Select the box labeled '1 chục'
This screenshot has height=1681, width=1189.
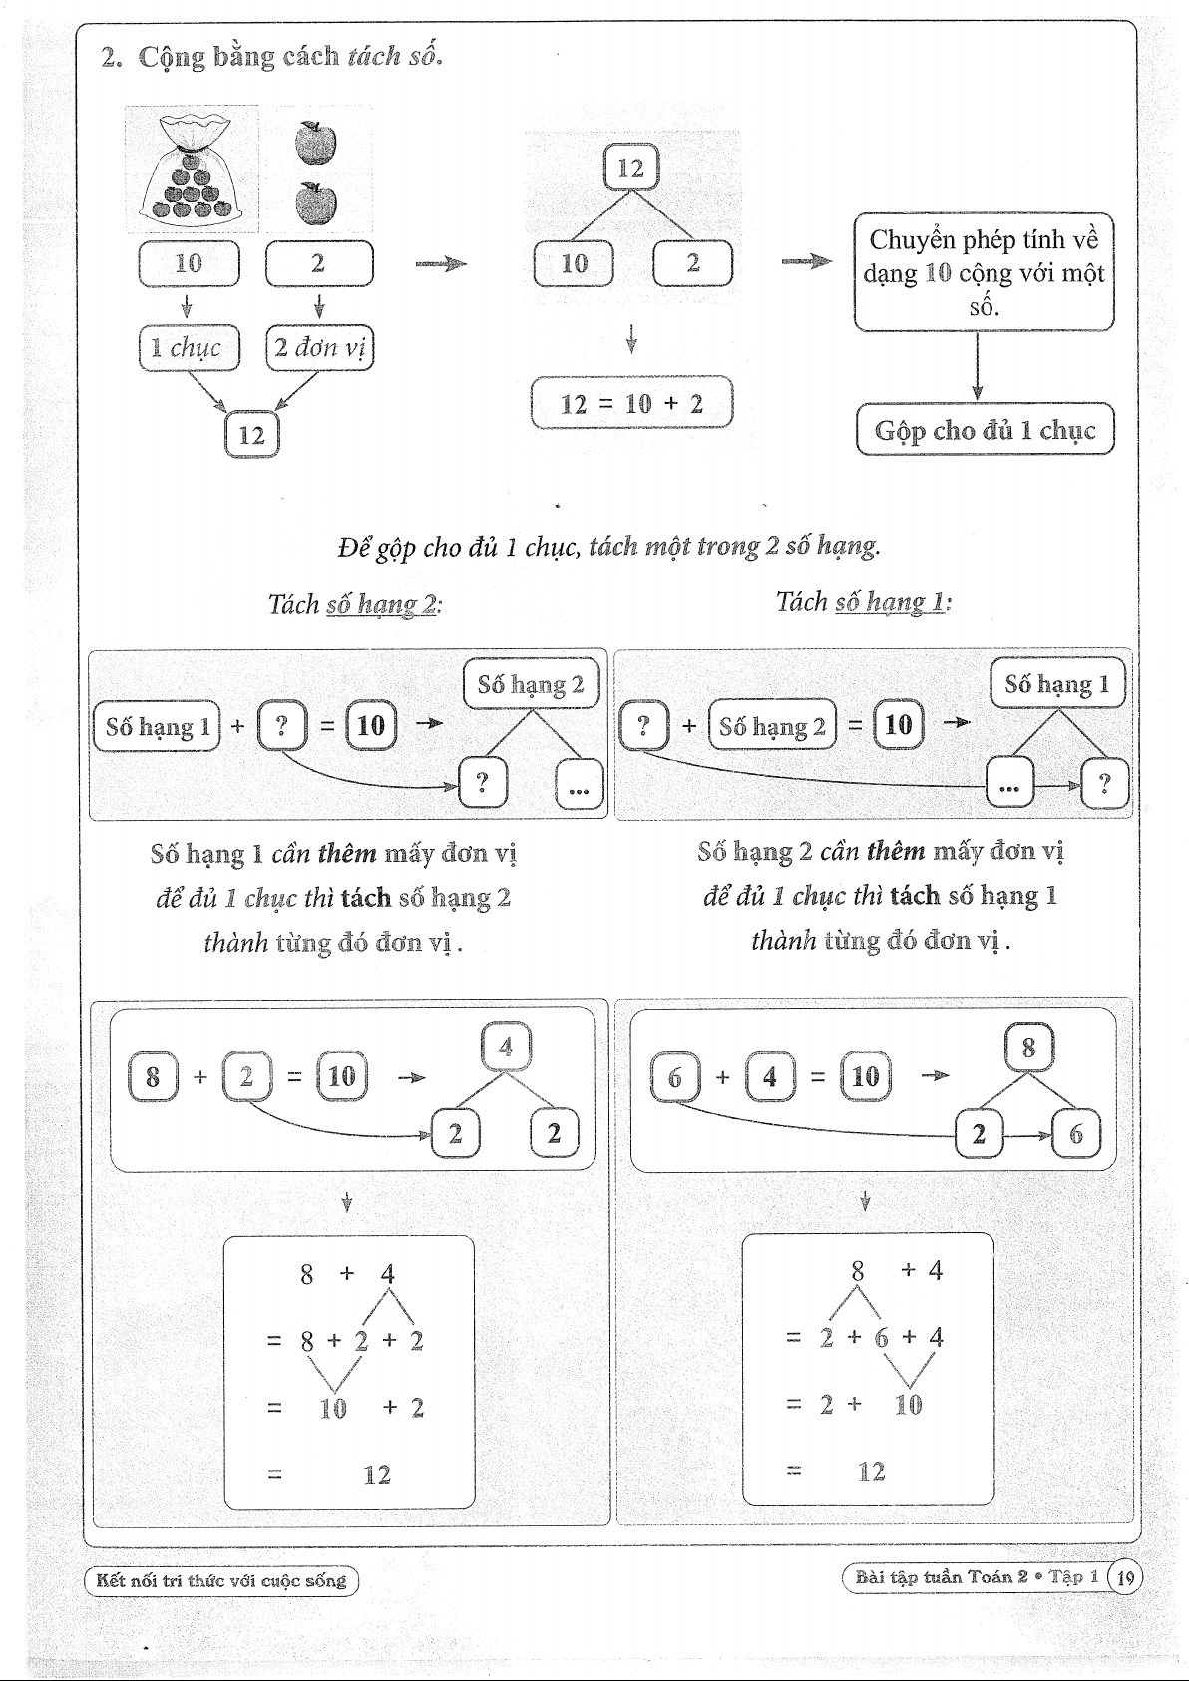pyautogui.click(x=189, y=347)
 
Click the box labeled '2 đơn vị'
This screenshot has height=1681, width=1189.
pyautogui.click(x=319, y=347)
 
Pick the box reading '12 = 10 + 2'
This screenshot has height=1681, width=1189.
pyautogui.click(x=631, y=403)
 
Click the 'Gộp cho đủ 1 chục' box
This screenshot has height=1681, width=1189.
pyautogui.click(x=985, y=430)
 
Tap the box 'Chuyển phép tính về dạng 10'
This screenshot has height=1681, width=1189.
pyautogui.click(x=984, y=272)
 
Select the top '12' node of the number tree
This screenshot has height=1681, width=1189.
pyautogui.click(x=631, y=167)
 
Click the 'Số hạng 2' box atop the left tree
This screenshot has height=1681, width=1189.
pyautogui.click(x=531, y=684)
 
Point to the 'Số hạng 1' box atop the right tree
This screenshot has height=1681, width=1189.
pyautogui.click(x=1057, y=684)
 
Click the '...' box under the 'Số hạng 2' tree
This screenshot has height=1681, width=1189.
pyautogui.click(x=579, y=783)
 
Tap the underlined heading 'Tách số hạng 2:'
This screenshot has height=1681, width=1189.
pyautogui.click(x=354, y=604)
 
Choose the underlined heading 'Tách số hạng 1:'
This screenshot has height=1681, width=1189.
pyautogui.click(x=863, y=601)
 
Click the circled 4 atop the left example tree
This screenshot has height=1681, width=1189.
pyautogui.click(x=506, y=1047)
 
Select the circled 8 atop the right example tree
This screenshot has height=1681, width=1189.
pyautogui.click(x=1028, y=1048)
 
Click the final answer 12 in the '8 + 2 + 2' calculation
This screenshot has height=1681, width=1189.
pyautogui.click(x=377, y=1474)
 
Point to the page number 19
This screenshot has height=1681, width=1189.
pyautogui.click(x=1125, y=1577)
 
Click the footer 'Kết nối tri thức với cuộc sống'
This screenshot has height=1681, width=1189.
pyautogui.click(x=220, y=1580)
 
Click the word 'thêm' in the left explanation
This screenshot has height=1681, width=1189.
pyautogui.click(x=347, y=854)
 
